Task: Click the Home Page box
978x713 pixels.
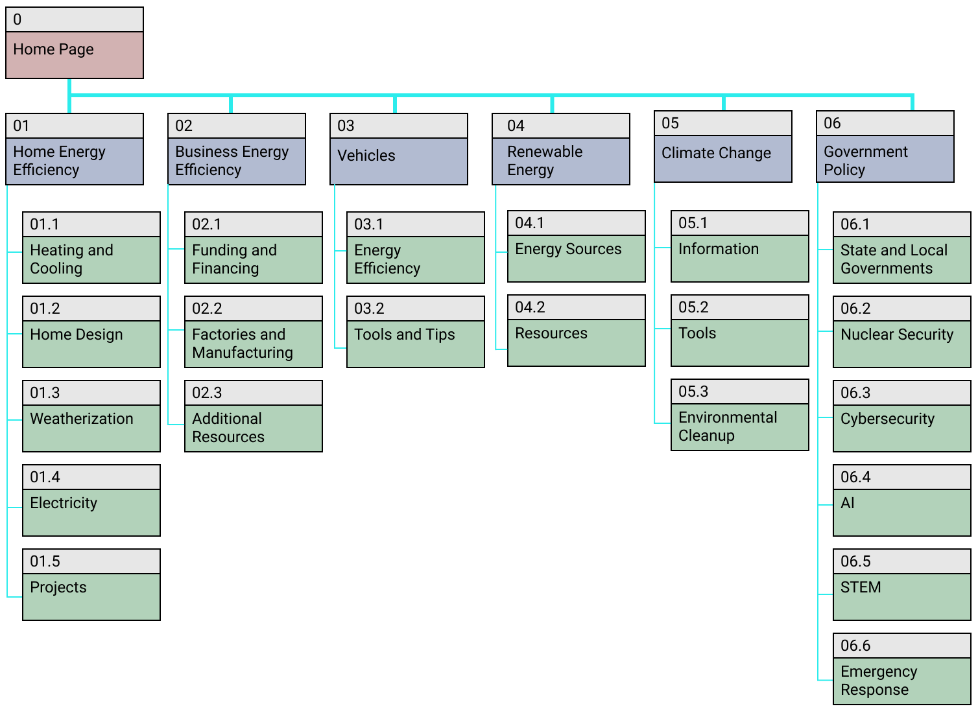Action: click(x=74, y=54)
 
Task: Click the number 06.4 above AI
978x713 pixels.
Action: click(x=855, y=478)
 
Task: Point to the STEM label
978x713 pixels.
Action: click(x=861, y=587)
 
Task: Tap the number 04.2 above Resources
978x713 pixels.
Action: click(x=530, y=307)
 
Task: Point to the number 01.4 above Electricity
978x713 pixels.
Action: click(x=45, y=478)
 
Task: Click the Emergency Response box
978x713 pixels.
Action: click(x=901, y=680)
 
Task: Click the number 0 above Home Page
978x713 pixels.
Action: click(x=18, y=20)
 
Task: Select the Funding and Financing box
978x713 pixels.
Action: click(x=253, y=259)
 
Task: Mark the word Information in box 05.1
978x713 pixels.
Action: click(x=718, y=249)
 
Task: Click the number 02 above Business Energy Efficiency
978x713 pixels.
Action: click(x=184, y=126)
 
